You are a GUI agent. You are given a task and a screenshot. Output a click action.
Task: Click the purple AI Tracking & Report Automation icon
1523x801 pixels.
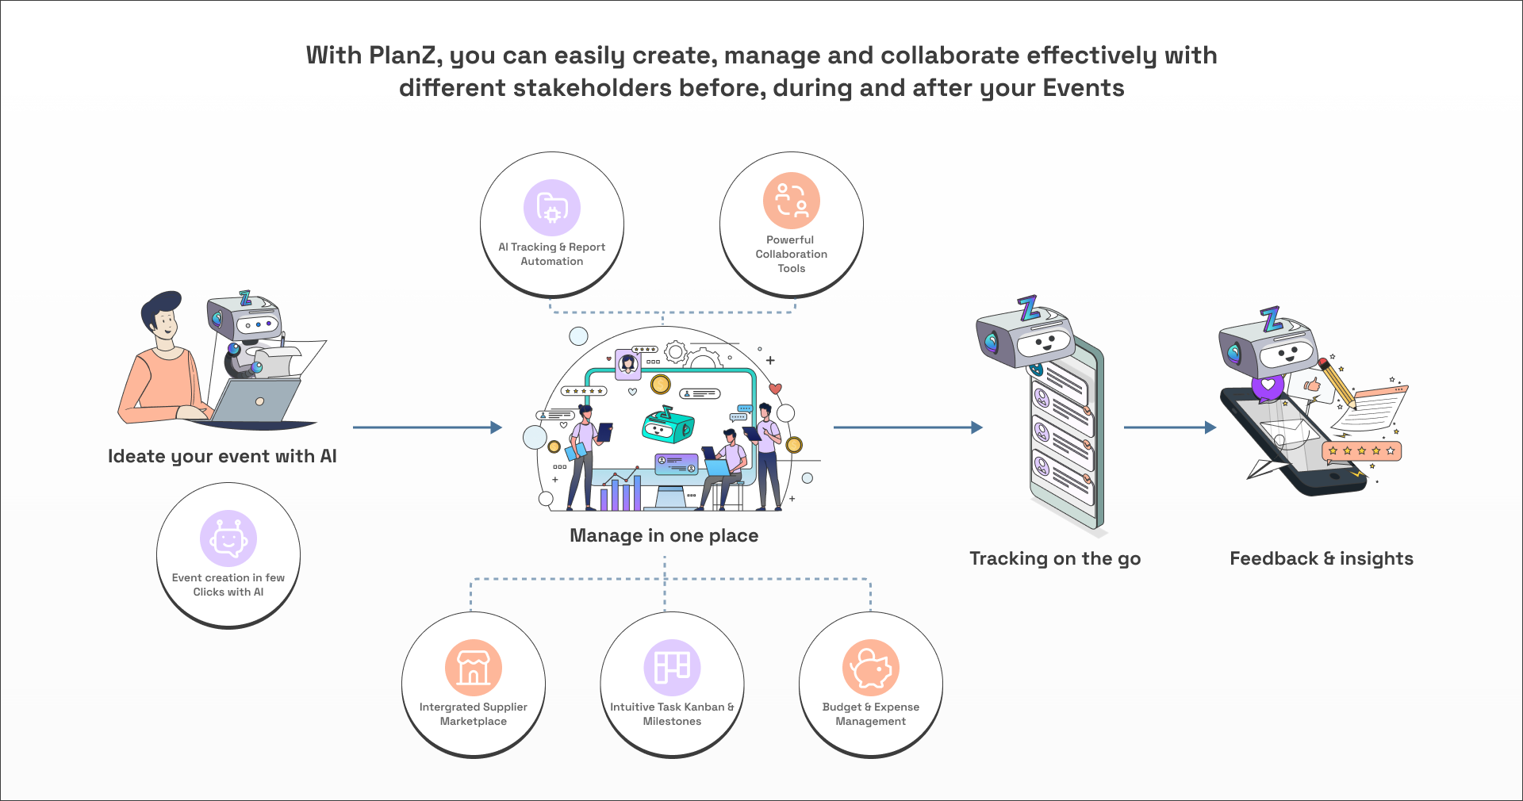[552, 208]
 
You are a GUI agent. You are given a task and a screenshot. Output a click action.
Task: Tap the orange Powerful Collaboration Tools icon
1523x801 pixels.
[791, 201]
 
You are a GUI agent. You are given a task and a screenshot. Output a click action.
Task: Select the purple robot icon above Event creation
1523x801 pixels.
[228, 538]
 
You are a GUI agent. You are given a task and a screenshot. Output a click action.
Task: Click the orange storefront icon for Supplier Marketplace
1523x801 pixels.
[474, 668]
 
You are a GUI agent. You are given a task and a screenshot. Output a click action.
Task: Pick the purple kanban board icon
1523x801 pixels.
[672, 668]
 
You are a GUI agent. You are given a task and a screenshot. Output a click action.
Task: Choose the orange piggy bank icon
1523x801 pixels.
[871, 668]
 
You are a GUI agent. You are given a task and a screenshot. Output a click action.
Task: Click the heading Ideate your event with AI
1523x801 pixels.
[222, 456]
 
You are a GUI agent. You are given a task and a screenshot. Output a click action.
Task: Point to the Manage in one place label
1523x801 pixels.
[664, 535]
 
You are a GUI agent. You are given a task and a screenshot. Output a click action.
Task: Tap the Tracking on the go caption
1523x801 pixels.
[1055, 558]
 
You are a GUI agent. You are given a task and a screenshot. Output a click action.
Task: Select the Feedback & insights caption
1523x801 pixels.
[1322, 558]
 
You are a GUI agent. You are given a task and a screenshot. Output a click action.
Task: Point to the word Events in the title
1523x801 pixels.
[1084, 88]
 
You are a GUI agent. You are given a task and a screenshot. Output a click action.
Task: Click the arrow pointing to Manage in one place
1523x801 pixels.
[428, 427]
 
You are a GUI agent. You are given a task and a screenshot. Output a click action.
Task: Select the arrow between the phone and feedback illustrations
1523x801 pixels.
[1170, 427]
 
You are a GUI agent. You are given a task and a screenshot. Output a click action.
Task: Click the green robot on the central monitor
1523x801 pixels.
[667, 425]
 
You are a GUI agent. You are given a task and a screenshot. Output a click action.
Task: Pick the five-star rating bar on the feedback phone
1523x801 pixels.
[1361, 450]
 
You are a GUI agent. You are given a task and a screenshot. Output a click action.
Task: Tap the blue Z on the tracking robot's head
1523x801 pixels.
[1029, 308]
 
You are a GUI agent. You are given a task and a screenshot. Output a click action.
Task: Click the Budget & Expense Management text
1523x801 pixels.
[871, 714]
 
